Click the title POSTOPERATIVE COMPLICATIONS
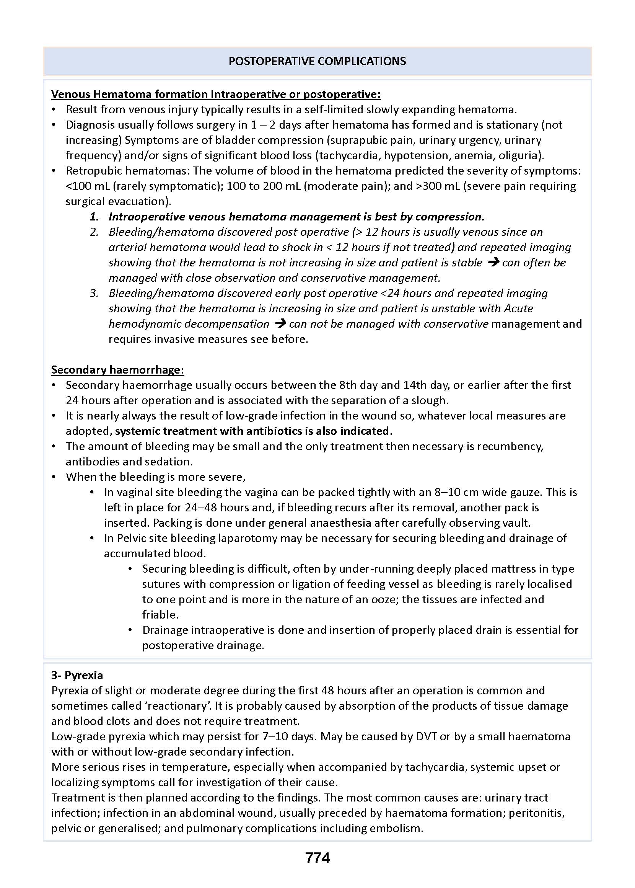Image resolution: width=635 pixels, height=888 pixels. tap(317, 61)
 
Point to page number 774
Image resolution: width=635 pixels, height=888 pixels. tap(317, 858)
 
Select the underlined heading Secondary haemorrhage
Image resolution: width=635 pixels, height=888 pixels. tap(117, 370)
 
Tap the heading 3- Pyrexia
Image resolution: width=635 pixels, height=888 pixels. tap(77, 675)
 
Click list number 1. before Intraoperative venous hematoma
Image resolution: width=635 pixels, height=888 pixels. tap(94, 217)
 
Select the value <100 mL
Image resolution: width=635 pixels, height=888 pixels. tap(88, 186)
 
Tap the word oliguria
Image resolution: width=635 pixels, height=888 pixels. tap(524, 155)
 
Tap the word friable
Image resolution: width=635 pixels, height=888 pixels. tap(160, 615)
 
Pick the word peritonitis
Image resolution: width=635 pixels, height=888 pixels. tap(536, 813)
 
